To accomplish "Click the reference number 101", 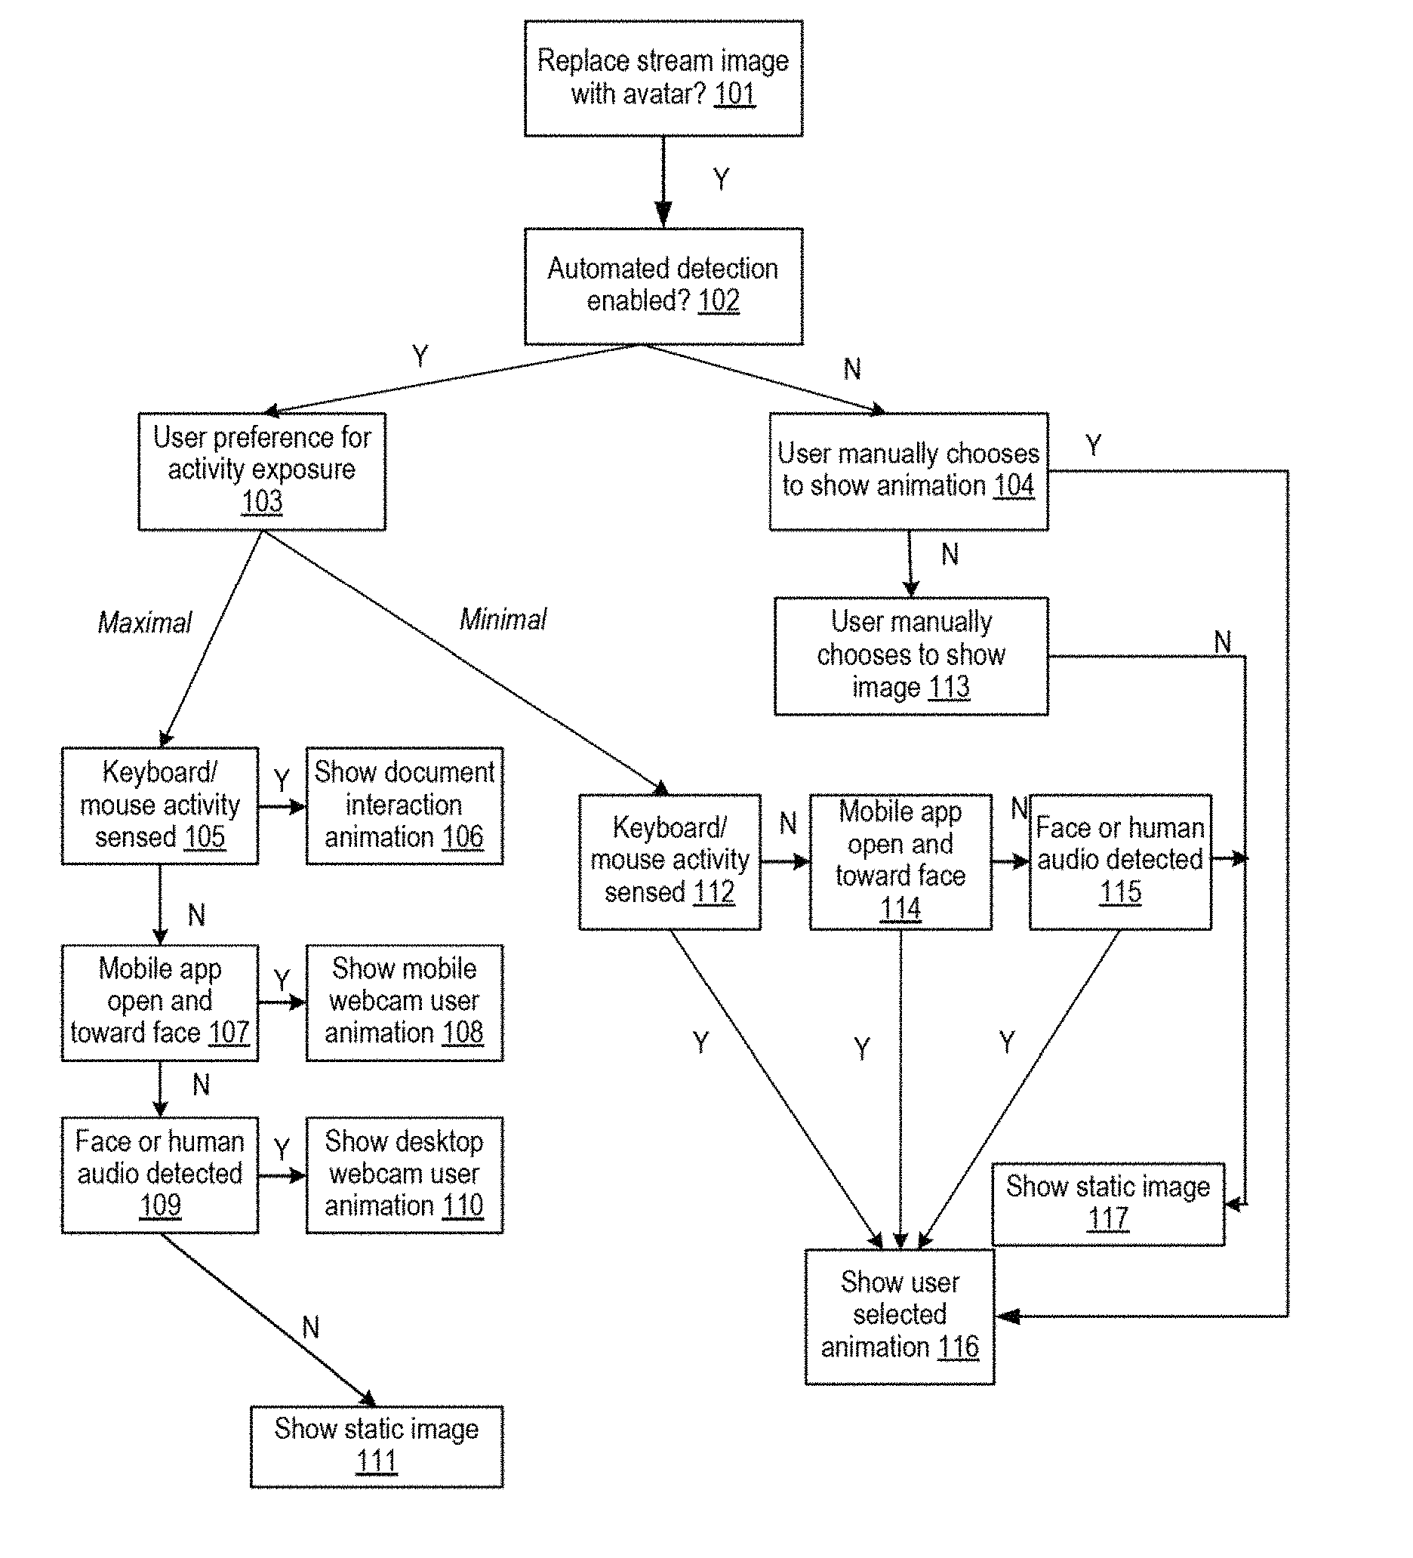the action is tap(734, 94).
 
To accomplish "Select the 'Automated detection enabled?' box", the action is tap(663, 286).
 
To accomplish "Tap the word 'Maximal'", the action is tap(145, 622).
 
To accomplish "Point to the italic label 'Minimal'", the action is tap(503, 619).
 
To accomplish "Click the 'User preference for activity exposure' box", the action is tap(262, 471).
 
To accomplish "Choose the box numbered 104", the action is tap(909, 471).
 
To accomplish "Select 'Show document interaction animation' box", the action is tap(405, 805).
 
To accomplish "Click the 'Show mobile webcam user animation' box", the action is tap(405, 1002).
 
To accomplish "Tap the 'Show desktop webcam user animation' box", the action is tap(405, 1175).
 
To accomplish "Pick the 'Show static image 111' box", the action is tap(377, 1447).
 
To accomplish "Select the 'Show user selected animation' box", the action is tap(900, 1316).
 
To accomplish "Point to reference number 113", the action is tap(949, 687).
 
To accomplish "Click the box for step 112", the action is tap(670, 862).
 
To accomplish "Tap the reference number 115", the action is tap(1120, 891).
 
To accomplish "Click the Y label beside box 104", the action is tap(1093, 445).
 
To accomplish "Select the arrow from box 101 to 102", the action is tap(663, 182).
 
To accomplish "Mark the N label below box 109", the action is tap(311, 1328).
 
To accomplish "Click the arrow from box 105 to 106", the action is tap(282, 807).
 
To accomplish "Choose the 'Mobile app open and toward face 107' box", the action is tap(160, 1002).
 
